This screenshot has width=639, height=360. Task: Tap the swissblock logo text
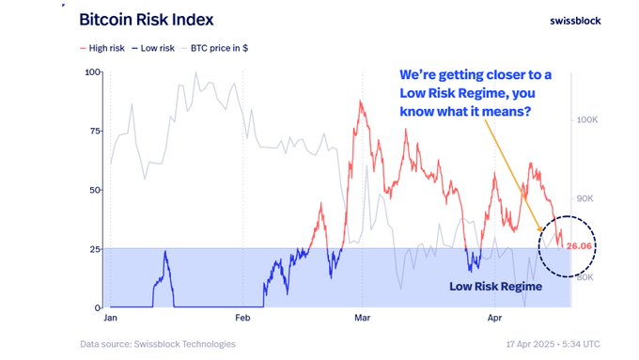coord(574,20)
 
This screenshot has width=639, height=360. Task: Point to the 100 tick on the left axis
coord(92,72)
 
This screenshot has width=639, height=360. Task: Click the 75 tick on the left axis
coord(95,131)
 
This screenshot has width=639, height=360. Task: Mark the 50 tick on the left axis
coord(95,190)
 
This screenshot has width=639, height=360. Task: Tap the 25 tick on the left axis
coord(95,249)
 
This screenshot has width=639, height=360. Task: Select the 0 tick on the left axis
coord(98,307)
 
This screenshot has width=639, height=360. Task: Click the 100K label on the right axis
coord(589,120)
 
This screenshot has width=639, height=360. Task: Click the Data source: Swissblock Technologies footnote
coord(158,344)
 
